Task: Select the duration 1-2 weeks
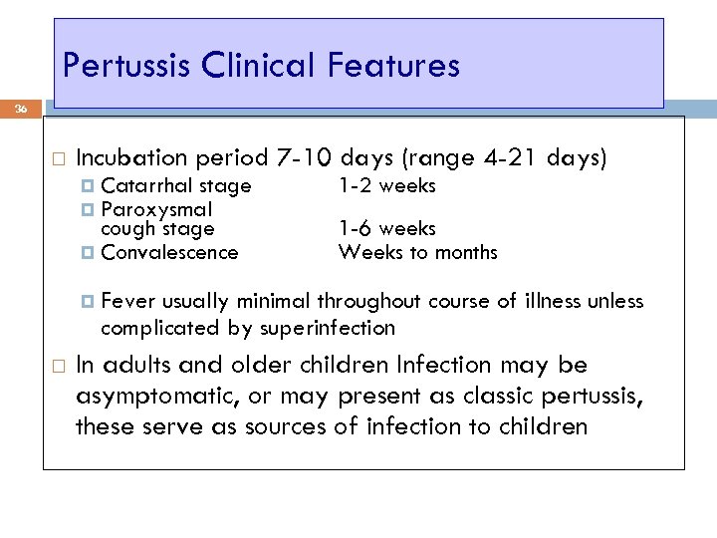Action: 387,186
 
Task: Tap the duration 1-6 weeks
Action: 387,229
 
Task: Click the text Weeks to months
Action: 417,252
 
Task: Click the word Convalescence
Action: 169,252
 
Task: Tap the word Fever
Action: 124,302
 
